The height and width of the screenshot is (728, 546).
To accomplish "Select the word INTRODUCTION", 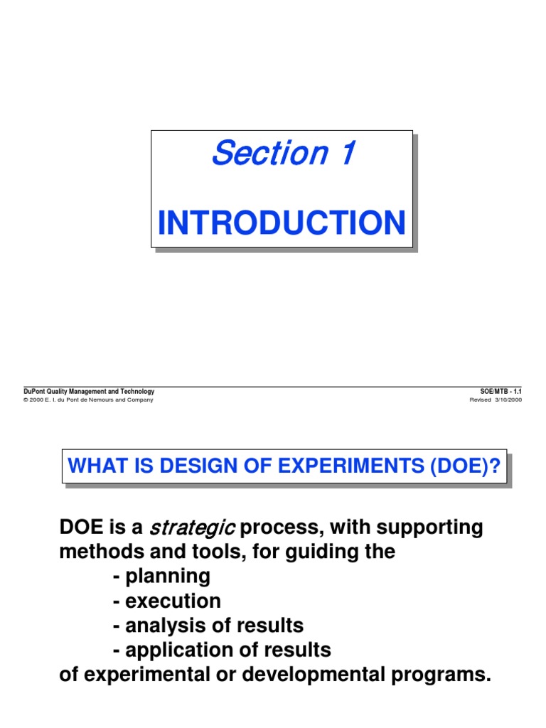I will [282, 223].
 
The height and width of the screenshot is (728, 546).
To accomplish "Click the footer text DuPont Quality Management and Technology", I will [89, 392].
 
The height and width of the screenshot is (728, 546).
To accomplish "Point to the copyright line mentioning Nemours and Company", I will [89, 400].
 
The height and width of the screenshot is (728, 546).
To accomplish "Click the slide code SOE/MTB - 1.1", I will [501, 392].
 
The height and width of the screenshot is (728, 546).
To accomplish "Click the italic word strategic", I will [191, 528].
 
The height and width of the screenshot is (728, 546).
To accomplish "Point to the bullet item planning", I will [168, 576].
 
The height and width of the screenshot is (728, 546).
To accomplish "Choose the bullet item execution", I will [173, 601].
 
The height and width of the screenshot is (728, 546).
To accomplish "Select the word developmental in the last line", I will [299, 674].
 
